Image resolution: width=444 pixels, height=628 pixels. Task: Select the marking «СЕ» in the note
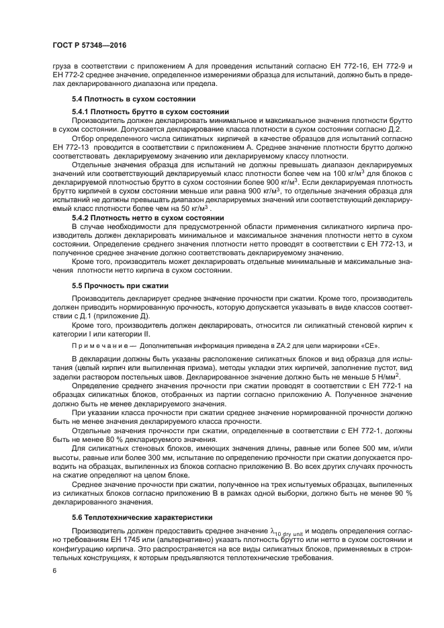click(x=370, y=346)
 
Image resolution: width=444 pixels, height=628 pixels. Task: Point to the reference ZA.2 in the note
click(x=268, y=346)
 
